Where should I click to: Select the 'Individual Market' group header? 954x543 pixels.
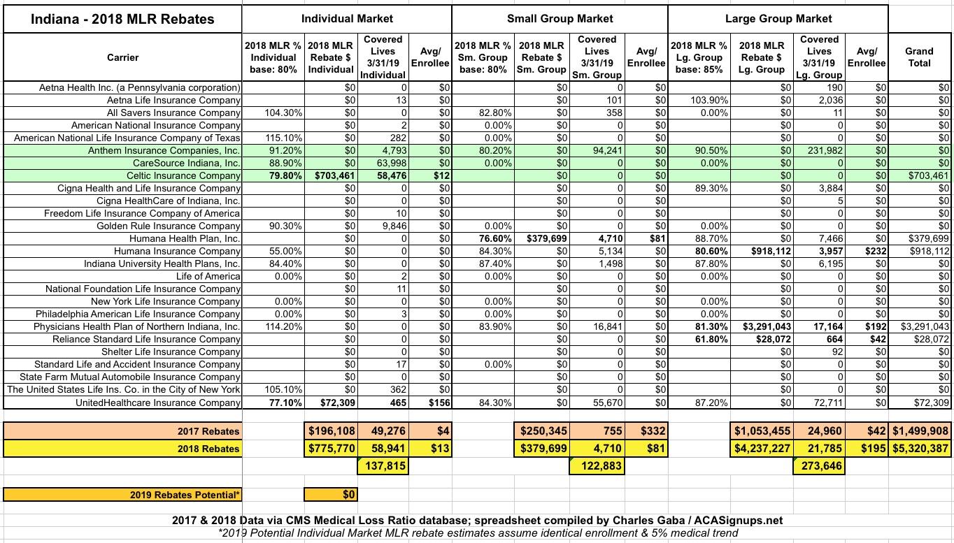[347, 19]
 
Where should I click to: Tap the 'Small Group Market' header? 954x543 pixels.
[560, 19]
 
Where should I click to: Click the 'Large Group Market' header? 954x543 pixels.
[778, 19]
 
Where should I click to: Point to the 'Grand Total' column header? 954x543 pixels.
[919, 57]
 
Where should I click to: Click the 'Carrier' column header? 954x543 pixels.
[122, 57]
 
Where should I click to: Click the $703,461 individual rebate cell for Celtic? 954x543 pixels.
[332, 175]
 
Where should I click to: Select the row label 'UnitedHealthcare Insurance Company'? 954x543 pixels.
[161, 402]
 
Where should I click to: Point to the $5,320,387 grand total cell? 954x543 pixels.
[919, 449]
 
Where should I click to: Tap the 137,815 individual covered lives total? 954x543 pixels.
[382, 465]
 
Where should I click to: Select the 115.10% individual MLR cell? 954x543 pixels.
[273, 138]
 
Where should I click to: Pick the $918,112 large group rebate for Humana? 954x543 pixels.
[767, 251]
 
